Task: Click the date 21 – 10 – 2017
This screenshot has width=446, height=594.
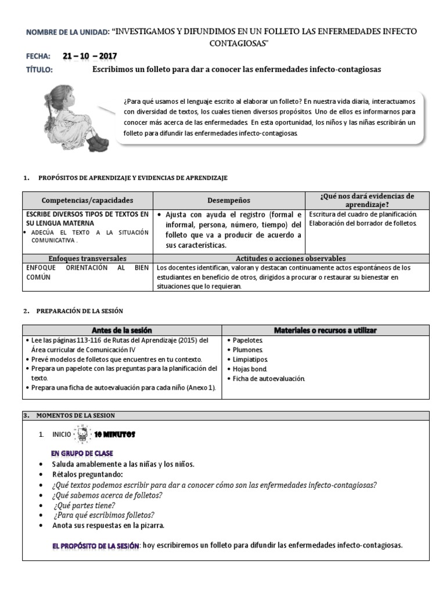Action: pos(90,56)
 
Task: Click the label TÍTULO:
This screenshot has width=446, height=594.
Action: pos(39,70)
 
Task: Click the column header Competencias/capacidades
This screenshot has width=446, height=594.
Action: pos(87,200)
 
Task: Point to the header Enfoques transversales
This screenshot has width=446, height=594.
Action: pos(87,258)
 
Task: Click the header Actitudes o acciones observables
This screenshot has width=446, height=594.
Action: pos(290,258)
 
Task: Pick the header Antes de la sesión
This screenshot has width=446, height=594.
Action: pos(122,330)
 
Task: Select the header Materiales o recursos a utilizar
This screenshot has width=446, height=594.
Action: pos(325,330)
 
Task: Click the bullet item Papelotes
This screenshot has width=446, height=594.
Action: pos(247,341)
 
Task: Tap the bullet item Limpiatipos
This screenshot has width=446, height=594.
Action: pos(250,360)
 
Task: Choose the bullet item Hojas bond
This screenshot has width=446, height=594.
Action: pos(250,369)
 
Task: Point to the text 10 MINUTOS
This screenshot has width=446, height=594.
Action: pos(114,434)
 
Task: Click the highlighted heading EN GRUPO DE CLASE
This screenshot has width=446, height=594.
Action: pos(82,453)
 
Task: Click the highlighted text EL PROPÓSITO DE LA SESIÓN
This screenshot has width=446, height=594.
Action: pos(96,545)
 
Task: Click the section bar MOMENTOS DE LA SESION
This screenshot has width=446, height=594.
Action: pos(75,415)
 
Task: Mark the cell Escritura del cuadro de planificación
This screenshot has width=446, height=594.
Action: pos(363,214)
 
